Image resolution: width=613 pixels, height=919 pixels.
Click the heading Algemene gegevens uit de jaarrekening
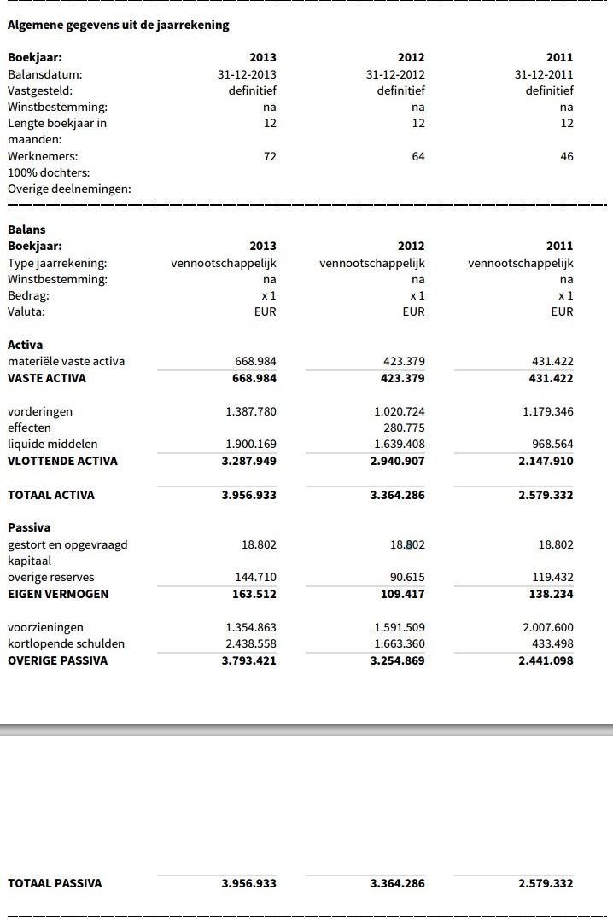(118, 25)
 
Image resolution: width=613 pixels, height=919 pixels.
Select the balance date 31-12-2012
(395, 74)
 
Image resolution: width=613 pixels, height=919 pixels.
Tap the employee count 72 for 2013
(270, 156)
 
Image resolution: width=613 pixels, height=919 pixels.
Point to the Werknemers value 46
(567, 156)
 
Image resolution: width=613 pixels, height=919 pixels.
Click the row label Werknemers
(43, 156)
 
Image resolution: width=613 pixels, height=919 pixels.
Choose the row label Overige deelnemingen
(69, 189)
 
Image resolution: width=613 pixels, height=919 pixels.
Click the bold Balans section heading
(26, 230)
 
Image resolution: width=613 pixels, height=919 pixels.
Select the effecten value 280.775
(400, 428)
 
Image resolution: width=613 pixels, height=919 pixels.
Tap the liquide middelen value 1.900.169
(251, 444)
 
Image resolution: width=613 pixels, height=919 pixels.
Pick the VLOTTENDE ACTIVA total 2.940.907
(397, 461)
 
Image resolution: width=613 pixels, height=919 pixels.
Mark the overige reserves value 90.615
(406, 577)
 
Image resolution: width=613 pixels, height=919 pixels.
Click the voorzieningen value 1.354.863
(251, 627)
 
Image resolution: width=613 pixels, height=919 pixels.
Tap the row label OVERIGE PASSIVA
(58, 660)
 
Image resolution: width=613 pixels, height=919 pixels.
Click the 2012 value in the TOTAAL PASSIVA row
(397, 883)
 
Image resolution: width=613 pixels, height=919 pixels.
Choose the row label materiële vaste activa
(66, 361)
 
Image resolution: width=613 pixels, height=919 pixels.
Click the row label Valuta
(26, 311)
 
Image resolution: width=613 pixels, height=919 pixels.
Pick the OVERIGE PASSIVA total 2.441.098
(546, 660)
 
